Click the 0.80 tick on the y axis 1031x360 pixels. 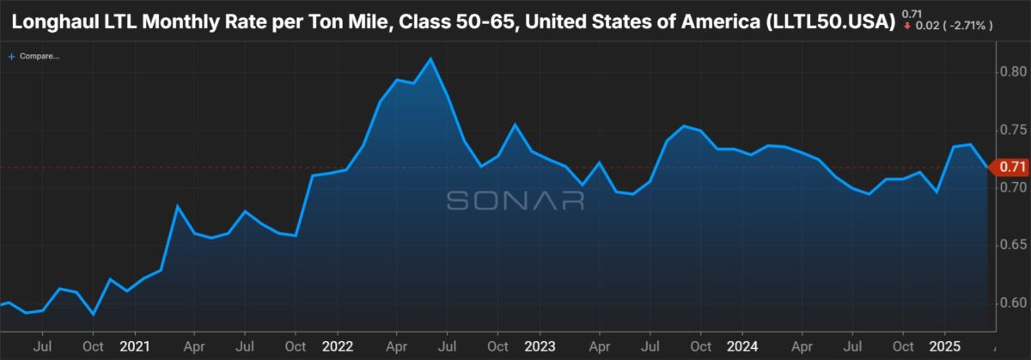(1013, 72)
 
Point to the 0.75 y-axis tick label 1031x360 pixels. (1013, 130)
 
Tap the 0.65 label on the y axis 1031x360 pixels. (1013, 245)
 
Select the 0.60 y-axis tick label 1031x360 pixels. (1013, 303)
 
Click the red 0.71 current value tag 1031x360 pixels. (1010, 167)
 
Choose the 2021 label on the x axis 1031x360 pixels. (135, 346)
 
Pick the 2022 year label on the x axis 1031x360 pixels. (338, 346)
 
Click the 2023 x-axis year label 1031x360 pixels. (540, 346)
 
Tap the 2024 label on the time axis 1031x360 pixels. (742, 346)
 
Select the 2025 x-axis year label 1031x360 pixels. (945, 346)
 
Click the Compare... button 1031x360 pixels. (34, 56)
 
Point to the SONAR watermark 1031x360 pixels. (515, 201)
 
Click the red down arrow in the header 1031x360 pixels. (907, 26)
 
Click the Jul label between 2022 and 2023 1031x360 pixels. (447, 346)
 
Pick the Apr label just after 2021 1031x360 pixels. (194, 346)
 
